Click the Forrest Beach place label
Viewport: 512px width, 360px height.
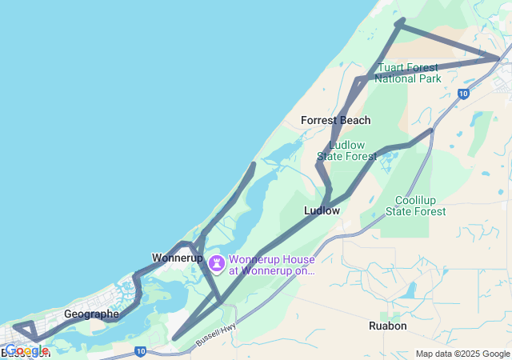(335, 120)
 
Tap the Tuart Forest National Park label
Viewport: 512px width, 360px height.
(408, 73)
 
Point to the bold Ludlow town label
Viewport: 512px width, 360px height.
(322, 210)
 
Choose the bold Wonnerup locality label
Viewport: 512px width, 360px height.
(177, 258)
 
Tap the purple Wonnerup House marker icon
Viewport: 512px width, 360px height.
(217, 262)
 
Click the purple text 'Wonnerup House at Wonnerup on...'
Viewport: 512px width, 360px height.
(272, 265)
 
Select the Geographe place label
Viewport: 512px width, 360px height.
(91, 314)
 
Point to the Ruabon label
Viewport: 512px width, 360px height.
(388, 326)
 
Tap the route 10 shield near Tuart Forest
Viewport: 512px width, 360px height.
(463, 94)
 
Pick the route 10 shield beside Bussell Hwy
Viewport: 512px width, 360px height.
(140, 350)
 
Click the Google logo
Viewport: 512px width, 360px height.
(26, 350)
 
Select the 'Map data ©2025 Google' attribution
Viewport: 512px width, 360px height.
(462, 354)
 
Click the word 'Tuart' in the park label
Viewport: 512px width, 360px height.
(393, 67)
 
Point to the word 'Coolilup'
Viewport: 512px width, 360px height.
(416, 200)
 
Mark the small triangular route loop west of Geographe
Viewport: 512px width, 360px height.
(26, 330)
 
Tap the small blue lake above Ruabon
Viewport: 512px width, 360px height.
(409, 290)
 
